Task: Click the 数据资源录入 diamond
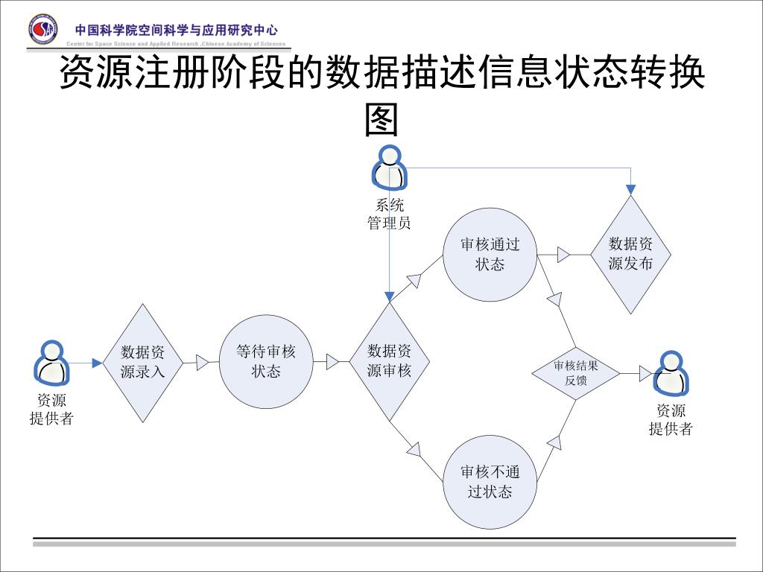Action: [x=142, y=363]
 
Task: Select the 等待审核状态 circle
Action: [x=265, y=362]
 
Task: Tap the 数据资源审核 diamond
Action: [x=389, y=362]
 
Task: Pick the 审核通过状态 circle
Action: [x=490, y=255]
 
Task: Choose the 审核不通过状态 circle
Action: [x=490, y=482]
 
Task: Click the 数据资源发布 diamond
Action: [x=631, y=255]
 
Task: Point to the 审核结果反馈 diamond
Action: [x=576, y=372]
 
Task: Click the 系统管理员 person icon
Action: [x=388, y=168]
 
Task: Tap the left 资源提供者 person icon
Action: [x=51, y=363]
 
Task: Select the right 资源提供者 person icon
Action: [x=671, y=373]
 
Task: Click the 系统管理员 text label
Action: [x=389, y=214]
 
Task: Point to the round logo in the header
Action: [x=42, y=29]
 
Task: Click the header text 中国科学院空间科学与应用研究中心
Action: [x=176, y=31]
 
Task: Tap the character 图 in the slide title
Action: [x=381, y=119]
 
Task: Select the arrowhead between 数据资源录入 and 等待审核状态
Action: [x=201, y=363]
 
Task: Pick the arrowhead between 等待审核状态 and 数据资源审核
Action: [x=332, y=363]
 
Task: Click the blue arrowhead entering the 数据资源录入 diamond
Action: [x=97, y=363]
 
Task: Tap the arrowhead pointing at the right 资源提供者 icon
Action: [x=645, y=373]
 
